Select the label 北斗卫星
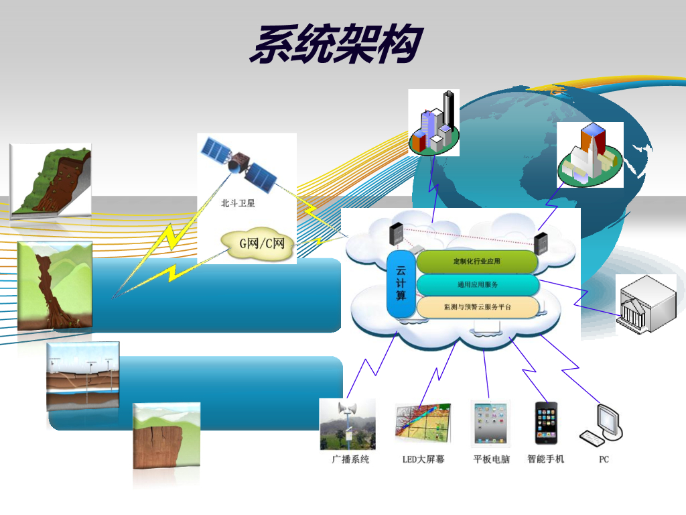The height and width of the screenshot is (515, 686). tap(238, 203)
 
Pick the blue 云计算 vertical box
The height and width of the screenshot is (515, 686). tap(401, 284)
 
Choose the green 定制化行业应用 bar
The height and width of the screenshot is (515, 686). tap(477, 262)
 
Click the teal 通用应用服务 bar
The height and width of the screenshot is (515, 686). tap(477, 284)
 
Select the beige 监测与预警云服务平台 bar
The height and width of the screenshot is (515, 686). tap(477, 307)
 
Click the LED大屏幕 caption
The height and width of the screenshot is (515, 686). tap(423, 459)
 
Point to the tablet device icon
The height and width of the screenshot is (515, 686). tap(491, 424)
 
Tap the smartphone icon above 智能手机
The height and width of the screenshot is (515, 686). tap(545, 424)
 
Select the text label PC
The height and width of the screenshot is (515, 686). tap(604, 459)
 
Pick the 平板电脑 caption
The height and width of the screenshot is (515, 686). tap(492, 459)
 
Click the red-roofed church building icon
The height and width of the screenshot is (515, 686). tap(590, 156)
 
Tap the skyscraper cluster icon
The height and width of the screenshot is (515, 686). tap(435, 124)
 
